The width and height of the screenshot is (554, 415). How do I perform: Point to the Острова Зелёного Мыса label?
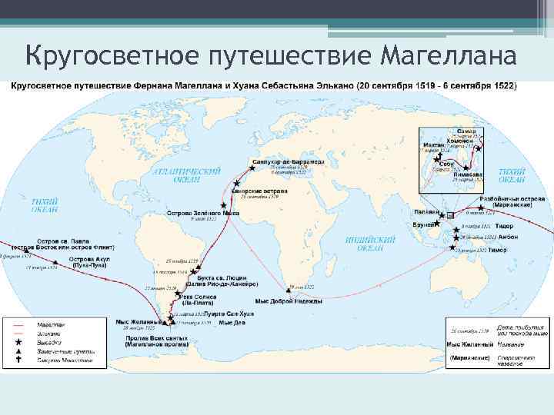point(203,212)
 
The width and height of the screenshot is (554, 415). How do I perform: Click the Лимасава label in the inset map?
point(469,174)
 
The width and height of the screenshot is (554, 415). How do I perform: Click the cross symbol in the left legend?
point(17,359)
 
